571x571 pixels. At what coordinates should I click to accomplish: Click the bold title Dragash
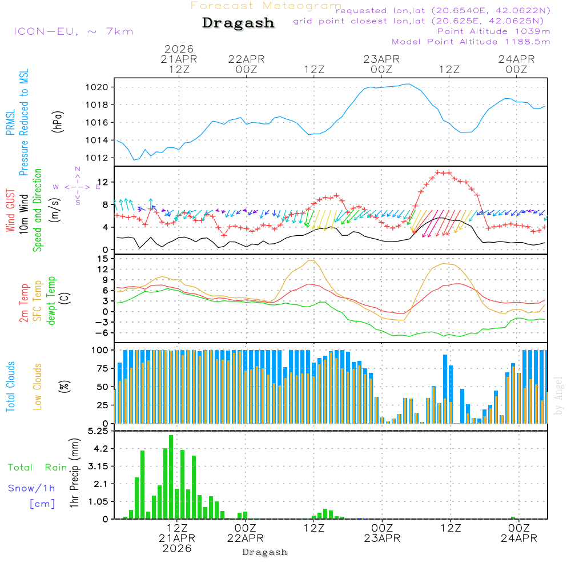tap(238, 23)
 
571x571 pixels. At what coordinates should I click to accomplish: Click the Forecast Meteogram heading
tap(266, 6)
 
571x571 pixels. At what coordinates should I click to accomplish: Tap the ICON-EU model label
tap(73, 31)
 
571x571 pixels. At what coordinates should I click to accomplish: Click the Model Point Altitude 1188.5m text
tap(471, 42)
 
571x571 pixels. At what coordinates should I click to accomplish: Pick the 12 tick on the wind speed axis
tap(106, 182)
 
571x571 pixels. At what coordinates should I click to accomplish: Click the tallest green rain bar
tap(171, 477)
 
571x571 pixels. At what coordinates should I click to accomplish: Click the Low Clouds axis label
tap(38, 387)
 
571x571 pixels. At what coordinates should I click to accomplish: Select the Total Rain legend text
tap(37, 468)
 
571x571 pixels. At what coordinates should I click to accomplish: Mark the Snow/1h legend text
tap(31, 488)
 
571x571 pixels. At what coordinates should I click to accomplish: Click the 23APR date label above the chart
tap(381, 59)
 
